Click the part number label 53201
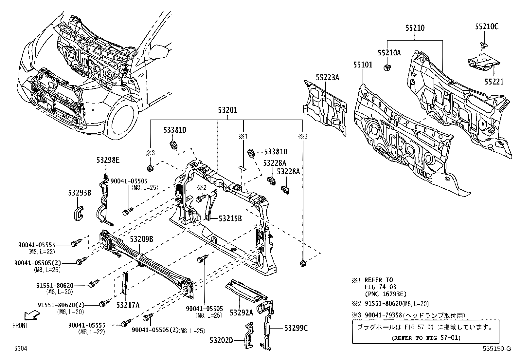pos(227,111)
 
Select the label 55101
pos(363,65)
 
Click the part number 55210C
pos(486,27)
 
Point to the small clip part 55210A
pos(387,68)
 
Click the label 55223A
pos(327,78)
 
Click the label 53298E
pos(108,160)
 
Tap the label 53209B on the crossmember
pos(141,239)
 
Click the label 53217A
pos(128,305)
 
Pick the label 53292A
pos(241,313)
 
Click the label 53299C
pos(296,328)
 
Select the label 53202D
pos(221,340)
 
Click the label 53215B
pos(230,218)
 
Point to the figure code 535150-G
pos(496,349)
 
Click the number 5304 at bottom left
pos(20,349)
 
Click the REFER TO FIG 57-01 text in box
pos(426,338)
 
